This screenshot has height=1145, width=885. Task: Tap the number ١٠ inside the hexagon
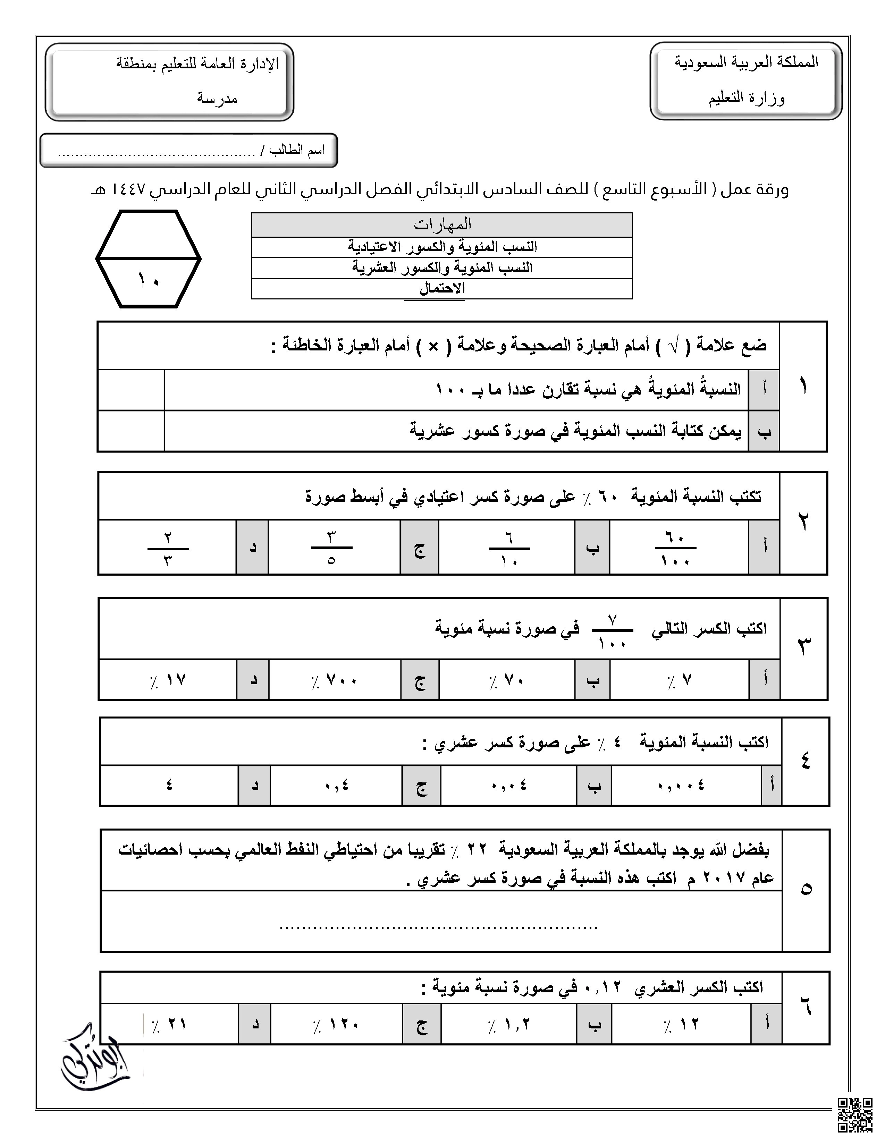coord(149,280)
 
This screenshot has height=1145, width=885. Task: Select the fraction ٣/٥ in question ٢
coord(331,548)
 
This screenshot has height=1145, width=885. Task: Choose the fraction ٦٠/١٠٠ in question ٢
coord(675,548)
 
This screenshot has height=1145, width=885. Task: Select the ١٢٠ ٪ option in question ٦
coord(337,1024)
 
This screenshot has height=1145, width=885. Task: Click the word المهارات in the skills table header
coord(442,224)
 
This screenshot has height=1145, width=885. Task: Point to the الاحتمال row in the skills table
coord(442,288)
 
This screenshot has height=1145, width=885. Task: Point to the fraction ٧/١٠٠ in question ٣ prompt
coord(612,631)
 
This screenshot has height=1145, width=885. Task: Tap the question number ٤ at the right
coord(805,761)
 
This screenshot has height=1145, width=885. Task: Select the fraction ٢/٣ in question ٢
coord(168,548)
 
